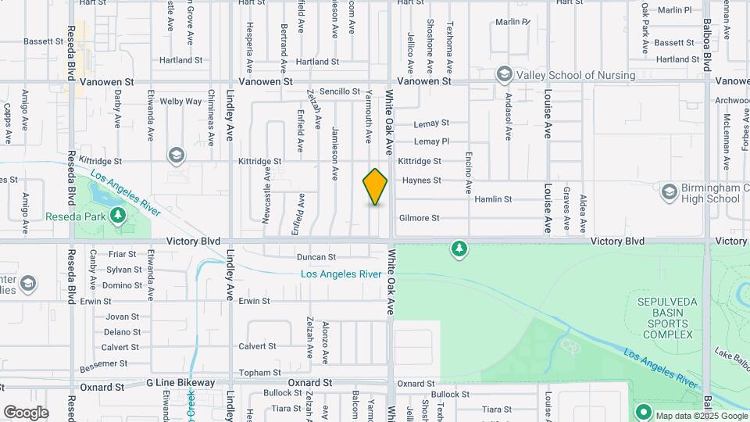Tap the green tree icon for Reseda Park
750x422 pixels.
tap(118, 215)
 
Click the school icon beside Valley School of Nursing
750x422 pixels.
tap(504, 75)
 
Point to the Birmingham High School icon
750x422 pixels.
tap(669, 191)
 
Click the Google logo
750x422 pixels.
tap(26, 413)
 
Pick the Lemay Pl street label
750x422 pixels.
tap(431, 141)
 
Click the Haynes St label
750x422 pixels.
tap(421, 181)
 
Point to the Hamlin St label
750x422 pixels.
tap(493, 199)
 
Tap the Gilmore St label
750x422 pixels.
tap(420, 218)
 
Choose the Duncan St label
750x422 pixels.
tap(316, 257)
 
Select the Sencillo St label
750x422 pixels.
tap(339, 91)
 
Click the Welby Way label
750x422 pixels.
tap(181, 102)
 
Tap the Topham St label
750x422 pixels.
tap(260, 373)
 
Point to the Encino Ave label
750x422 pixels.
tap(469, 172)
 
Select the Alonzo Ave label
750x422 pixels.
tap(326, 342)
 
